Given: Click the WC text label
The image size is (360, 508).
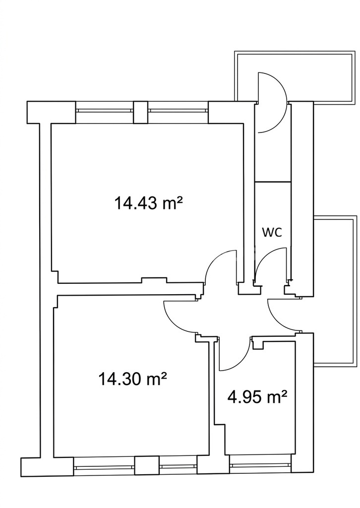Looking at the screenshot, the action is click(x=272, y=232).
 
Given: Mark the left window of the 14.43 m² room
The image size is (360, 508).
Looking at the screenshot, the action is click(x=105, y=110).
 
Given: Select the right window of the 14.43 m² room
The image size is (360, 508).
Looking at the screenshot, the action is click(x=178, y=110).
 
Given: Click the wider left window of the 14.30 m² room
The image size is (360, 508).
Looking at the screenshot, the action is click(x=104, y=467).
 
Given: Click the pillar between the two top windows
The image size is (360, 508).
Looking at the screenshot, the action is click(x=141, y=112).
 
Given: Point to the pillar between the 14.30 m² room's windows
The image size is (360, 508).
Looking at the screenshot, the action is click(x=147, y=467).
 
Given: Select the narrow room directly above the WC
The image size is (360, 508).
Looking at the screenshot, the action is click(x=272, y=142).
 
